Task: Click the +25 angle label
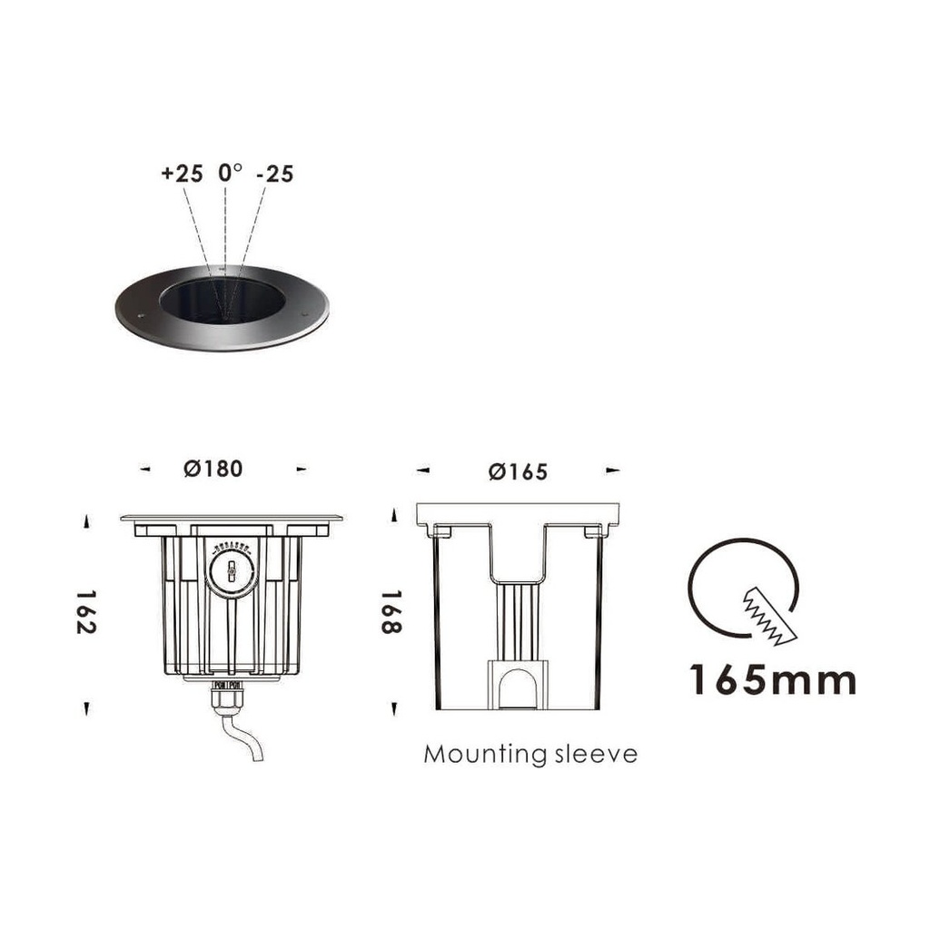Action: tap(182, 173)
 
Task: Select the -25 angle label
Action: tap(275, 173)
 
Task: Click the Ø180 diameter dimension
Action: tap(213, 469)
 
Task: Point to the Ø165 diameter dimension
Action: tap(518, 471)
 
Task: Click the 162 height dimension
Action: tap(86, 612)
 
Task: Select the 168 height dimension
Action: tap(391, 612)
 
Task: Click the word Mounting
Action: tap(485, 755)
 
